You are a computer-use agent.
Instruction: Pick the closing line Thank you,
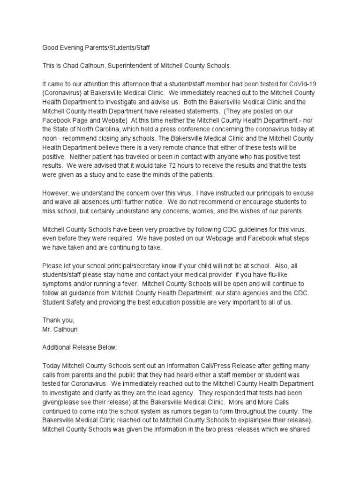click(x=58, y=321)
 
